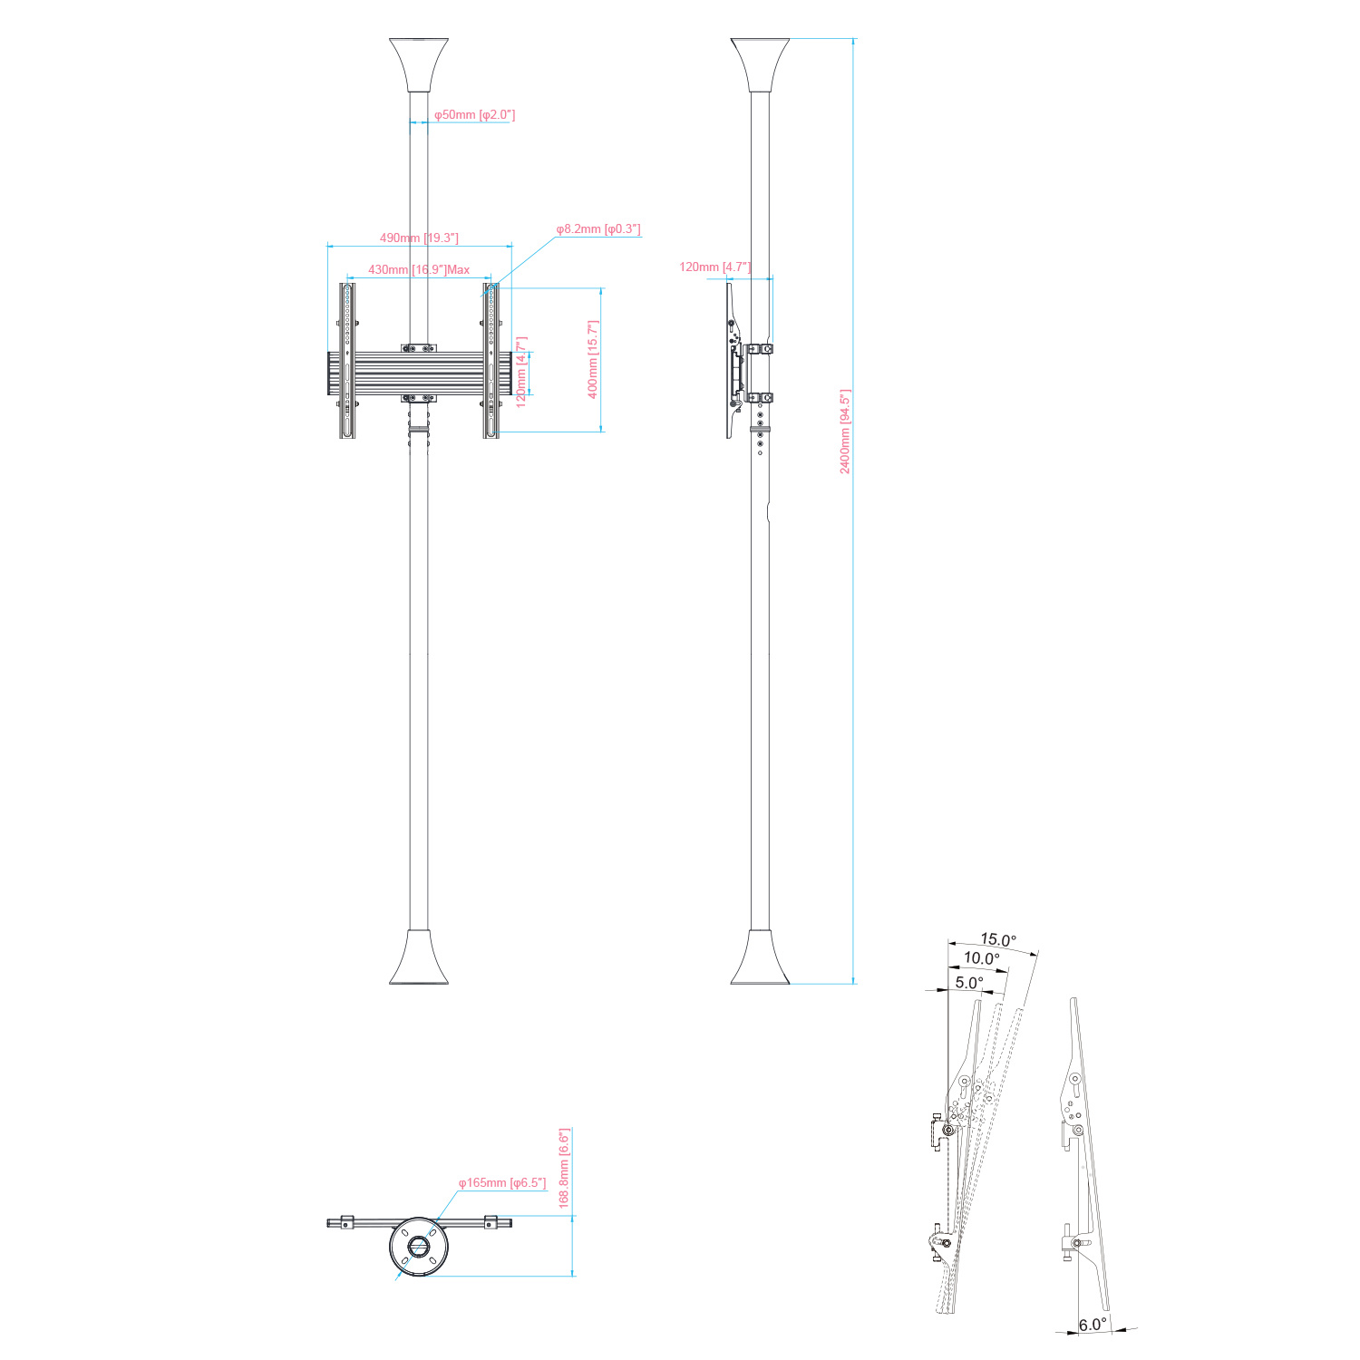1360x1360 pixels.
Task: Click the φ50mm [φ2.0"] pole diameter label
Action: [x=474, y=115]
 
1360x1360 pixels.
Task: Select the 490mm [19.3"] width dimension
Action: [x=419, y=238]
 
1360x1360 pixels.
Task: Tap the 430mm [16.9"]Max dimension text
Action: [x=419, y=269]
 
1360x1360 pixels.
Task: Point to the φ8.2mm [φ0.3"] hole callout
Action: [x=598, y=229]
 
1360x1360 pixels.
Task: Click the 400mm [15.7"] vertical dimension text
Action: [x=593, y=359]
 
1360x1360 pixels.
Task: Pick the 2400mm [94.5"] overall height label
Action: [x=845, y=432]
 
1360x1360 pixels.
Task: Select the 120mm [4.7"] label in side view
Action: [x=715, y=267]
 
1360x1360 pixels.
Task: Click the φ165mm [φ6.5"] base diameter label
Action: [x=502, y=1182]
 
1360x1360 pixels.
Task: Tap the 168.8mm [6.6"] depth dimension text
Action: [x=564, y=1169]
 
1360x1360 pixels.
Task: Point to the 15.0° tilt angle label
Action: [x=998, y=940]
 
